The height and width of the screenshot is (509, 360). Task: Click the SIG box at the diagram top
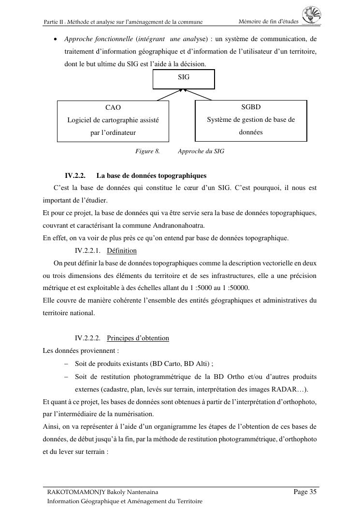(184, 79)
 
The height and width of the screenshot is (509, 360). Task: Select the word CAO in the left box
(113, 107)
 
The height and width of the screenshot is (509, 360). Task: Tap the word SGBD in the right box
(251, 107)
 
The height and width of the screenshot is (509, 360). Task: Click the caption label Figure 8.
(147, 151)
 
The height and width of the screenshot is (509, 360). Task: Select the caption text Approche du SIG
(201, 151)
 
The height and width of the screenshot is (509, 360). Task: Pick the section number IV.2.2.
(75, 175)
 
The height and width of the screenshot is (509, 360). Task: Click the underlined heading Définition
(122, 250)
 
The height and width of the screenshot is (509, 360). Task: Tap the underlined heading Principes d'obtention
(138, 338)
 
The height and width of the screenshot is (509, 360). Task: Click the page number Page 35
(305, 492)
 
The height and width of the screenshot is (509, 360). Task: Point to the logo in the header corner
(312, 15)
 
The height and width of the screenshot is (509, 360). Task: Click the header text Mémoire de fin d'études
(269, 21)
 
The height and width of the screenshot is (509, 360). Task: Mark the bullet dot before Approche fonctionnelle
(56, 39)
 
